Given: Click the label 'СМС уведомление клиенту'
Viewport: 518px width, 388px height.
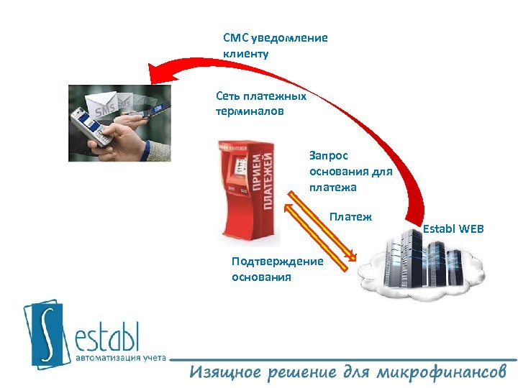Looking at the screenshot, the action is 275,45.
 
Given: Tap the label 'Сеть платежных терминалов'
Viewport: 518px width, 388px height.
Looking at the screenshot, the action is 260,103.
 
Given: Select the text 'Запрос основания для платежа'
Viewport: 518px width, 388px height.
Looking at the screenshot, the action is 350,171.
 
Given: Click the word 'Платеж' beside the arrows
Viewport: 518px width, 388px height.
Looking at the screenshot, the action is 350,216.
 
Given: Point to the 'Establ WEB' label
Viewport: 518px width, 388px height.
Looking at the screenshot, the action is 453,229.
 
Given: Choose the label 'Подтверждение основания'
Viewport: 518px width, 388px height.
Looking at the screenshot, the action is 277,269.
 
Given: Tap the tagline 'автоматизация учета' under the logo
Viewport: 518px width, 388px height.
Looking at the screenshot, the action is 121,357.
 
